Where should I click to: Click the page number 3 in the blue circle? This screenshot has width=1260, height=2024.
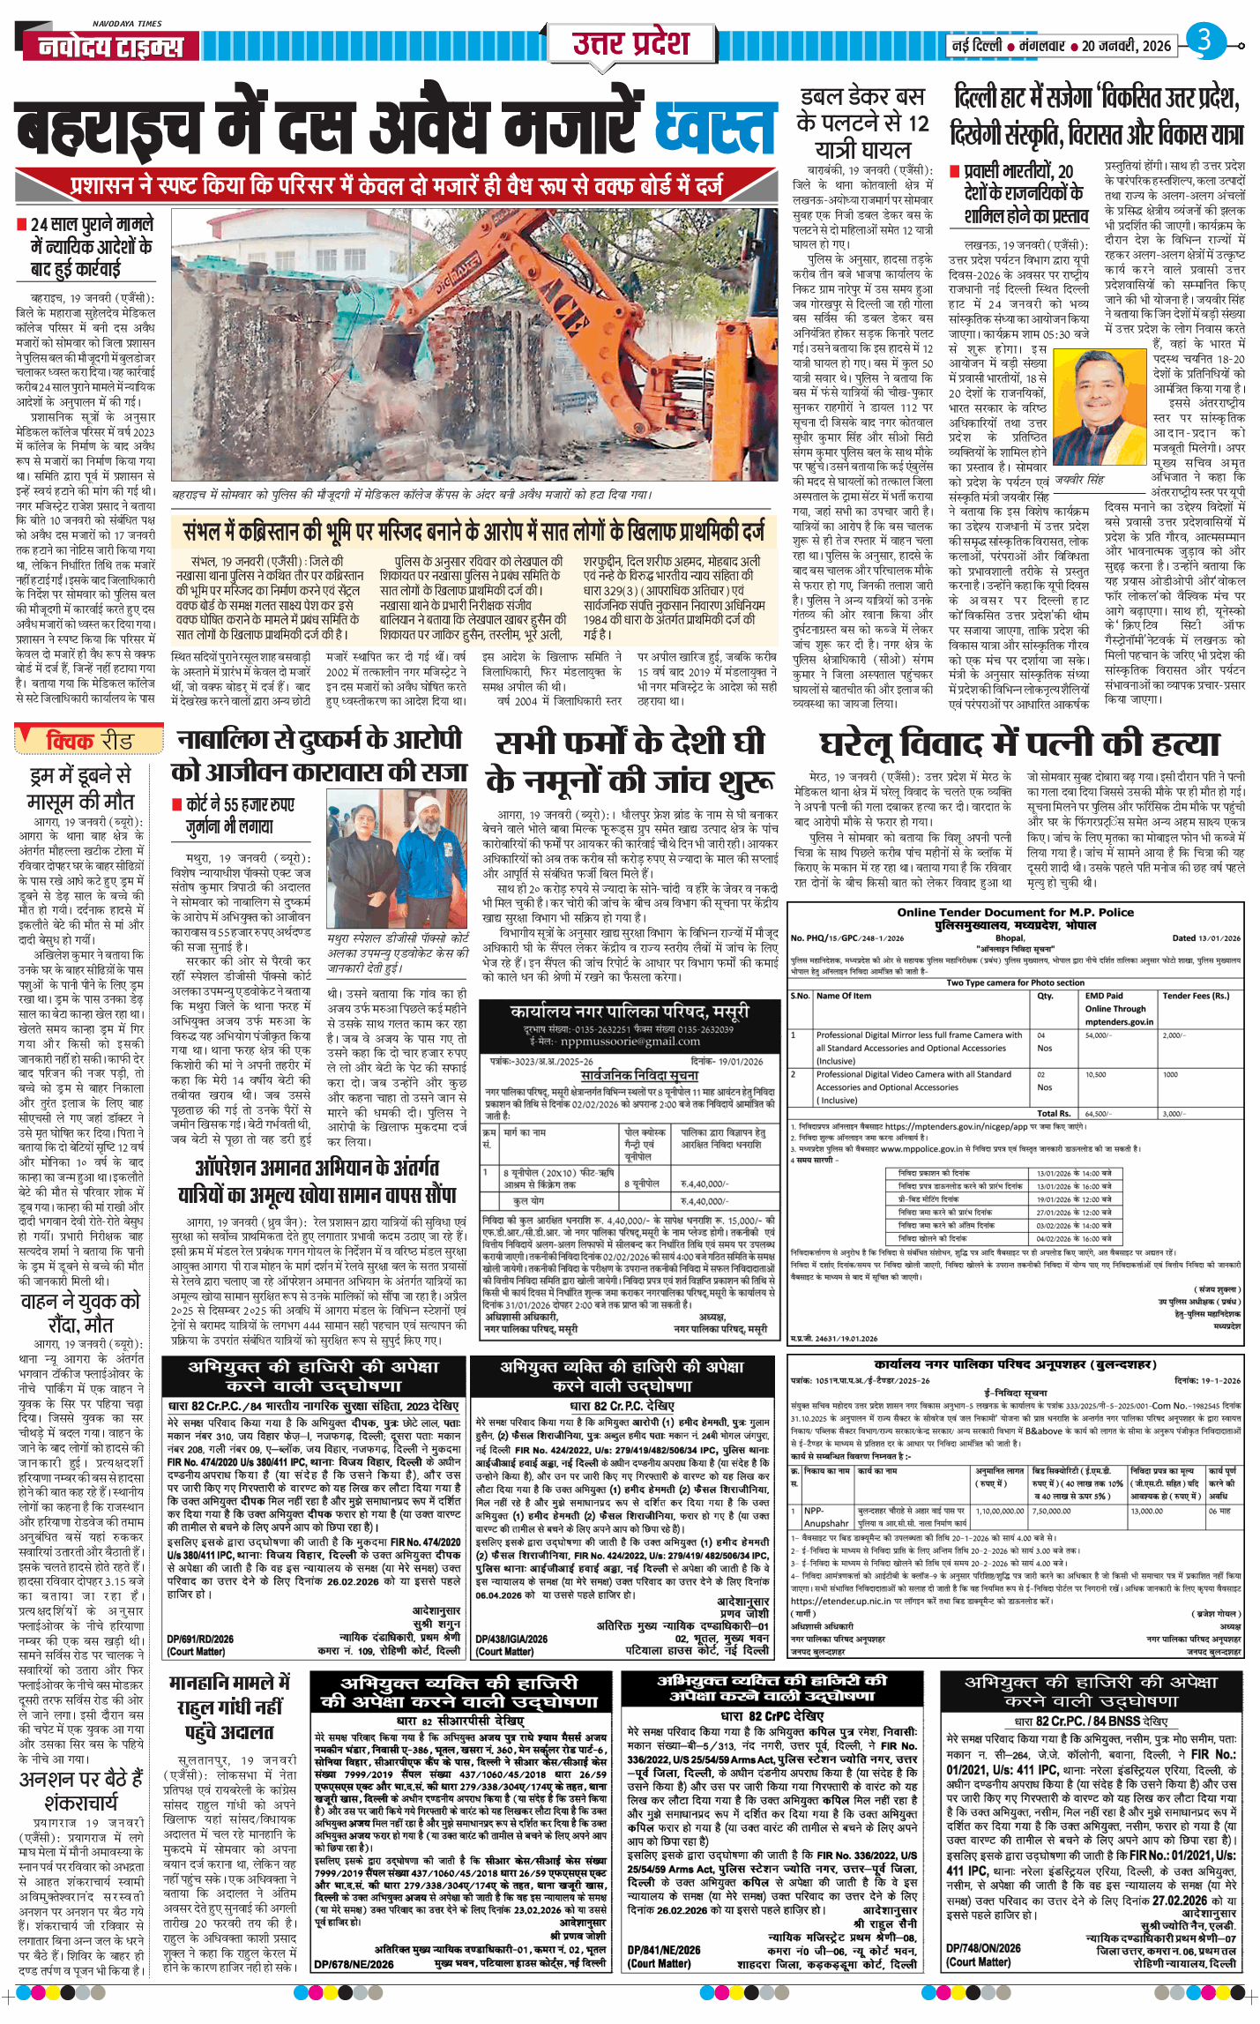[1204, 41]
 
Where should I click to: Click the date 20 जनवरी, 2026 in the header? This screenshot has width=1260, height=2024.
[1126, 46]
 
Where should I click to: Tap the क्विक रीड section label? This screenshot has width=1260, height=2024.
[89, 740]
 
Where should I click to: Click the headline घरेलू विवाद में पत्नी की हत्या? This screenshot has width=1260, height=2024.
[1018, 743]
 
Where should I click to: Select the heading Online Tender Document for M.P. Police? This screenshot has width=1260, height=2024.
[1015, 912]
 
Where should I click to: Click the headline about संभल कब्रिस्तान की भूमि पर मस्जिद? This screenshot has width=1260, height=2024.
[473, 532]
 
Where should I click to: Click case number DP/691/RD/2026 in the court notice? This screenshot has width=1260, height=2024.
[200, 1639]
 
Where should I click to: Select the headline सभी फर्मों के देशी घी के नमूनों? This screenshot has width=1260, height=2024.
[630, 761]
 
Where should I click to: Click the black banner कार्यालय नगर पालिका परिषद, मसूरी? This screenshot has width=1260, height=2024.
[630, 1011]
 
